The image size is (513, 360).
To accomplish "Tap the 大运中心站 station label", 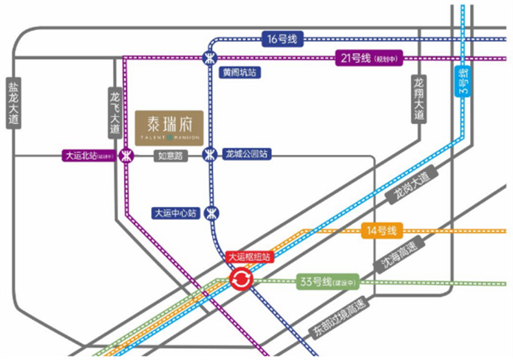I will pyautogui.click(x=174, y=212).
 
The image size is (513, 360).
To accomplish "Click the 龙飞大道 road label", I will pyautogui.click(x=115, y=111).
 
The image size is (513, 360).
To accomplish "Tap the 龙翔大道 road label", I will pyautogui.click(x=419, y=96).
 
